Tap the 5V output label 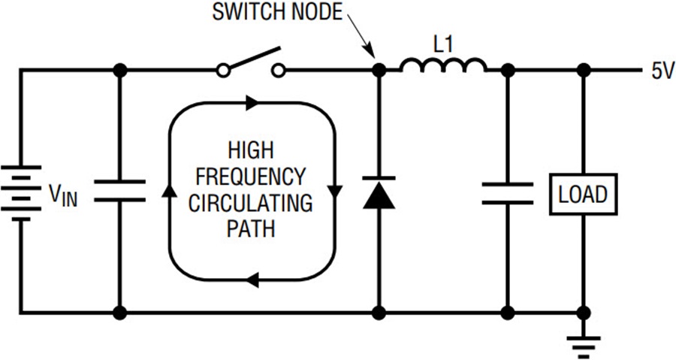pos(662,71)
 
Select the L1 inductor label pos(444,45)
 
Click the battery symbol pos(21,192)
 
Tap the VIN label pos(63,195)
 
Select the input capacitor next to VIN pos(120,191)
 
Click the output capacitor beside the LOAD pos(508,192)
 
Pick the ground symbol pos(584,346)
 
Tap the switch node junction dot pos(379,69)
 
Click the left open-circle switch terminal pos(222,71)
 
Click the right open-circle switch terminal pos(279,70)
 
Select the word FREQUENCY pos(250,177)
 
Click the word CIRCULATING pos(250,203)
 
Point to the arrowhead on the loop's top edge pos(252,103)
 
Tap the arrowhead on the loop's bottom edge pos(253,280)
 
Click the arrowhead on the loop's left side pos(170,190)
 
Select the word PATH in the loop pos(250,229)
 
